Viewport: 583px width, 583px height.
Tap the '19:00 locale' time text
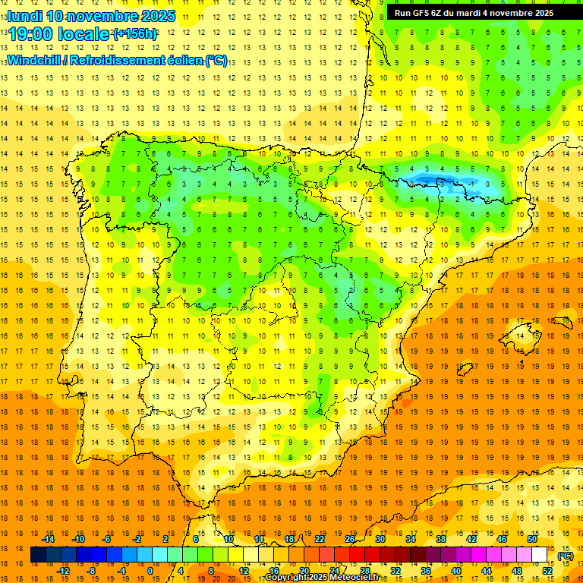tap(59, 34)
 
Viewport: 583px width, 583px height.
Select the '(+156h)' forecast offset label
tap(135, 34)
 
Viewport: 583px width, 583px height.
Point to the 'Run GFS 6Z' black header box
tap(474, 13)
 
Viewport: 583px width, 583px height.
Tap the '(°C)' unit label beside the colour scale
tap(566, 556)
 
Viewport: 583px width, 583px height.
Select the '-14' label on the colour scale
tap(49, 538)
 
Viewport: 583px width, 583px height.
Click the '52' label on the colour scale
tap(547, 571)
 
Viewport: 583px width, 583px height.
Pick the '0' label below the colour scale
tap(150, 571)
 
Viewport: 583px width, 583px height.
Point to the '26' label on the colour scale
tap(350, 538)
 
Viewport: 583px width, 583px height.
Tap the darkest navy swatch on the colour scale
tap(38, 555)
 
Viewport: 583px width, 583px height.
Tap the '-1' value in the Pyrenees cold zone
tap(471, 183)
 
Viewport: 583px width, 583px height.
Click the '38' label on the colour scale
tap(441, 538)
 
